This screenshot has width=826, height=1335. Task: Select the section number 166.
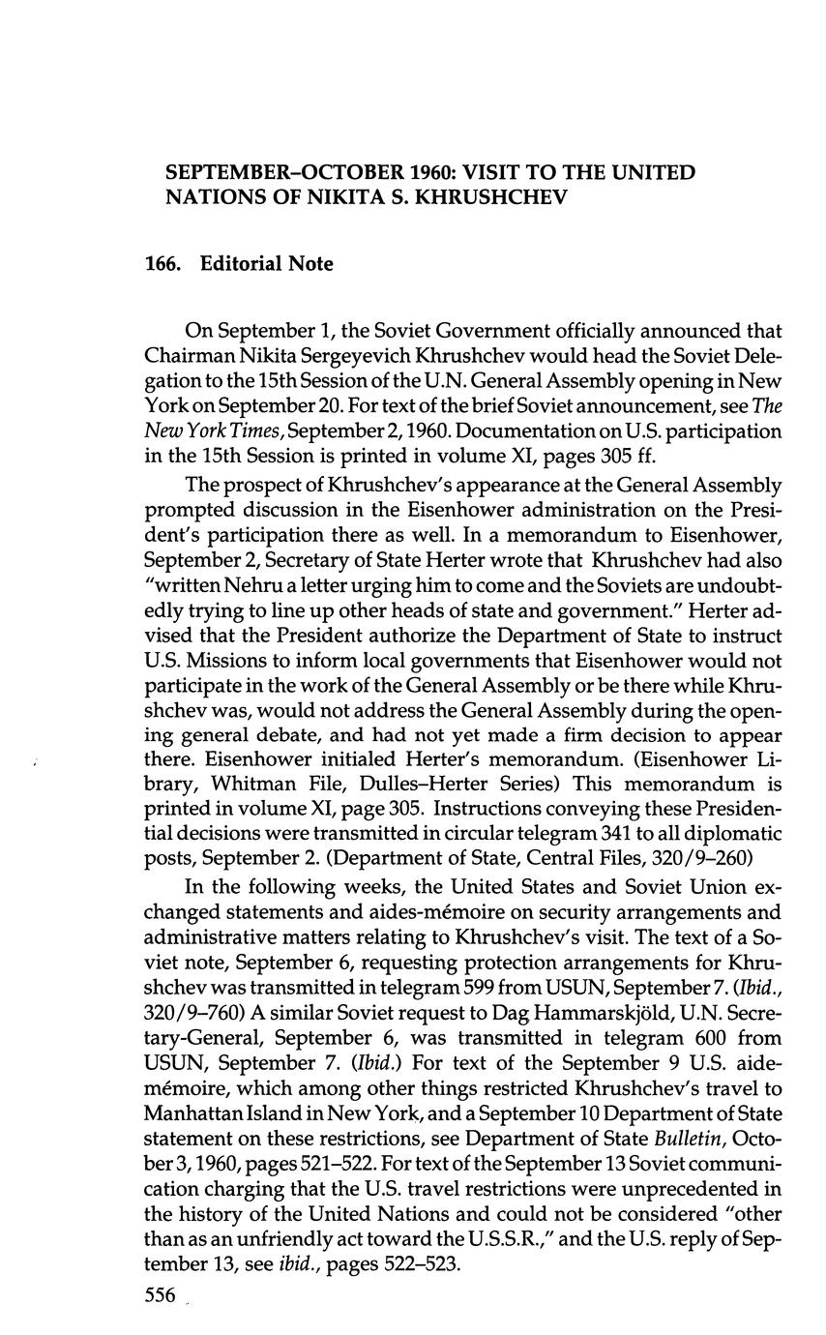pos(162,264)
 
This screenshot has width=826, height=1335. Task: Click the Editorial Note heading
pos(266,264)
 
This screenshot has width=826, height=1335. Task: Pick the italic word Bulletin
pos(686,1139)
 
